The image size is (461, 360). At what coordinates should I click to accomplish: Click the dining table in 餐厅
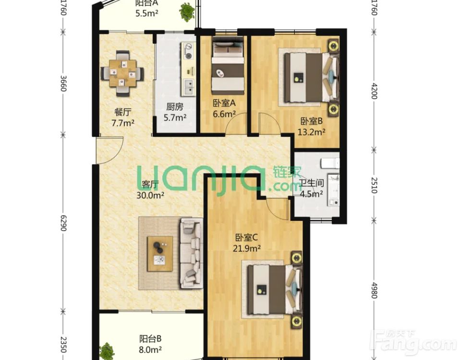122,73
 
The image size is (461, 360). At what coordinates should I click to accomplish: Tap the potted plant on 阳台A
187,12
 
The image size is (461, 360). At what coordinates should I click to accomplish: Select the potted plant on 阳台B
107,351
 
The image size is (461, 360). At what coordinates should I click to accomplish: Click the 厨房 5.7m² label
175,112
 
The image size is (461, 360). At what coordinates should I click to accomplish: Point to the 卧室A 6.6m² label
224,108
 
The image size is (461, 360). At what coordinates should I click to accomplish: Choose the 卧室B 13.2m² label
312,126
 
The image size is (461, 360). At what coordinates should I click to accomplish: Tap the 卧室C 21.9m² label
246,243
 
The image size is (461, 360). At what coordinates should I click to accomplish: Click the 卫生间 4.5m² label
312,188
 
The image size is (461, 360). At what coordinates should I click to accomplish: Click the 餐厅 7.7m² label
123,117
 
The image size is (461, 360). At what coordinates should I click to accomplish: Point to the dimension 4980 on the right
374,290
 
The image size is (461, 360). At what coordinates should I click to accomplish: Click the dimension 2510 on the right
374,185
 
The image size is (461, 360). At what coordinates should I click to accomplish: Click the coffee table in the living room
160,253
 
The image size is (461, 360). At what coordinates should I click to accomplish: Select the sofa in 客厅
191,253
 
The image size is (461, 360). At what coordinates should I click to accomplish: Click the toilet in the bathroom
330,163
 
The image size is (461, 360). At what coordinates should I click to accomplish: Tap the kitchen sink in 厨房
188,87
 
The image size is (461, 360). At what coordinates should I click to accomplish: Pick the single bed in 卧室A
228,66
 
